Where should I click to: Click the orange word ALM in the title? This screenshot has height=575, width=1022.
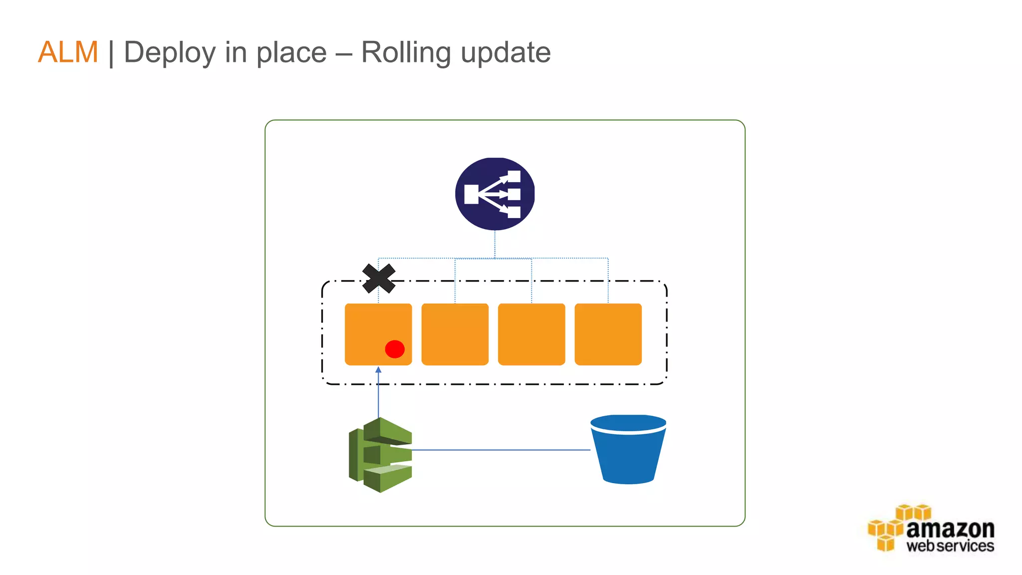pyautogui.click(x=68, y=52)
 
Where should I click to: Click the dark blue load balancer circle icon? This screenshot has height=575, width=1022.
pyautogui.click(x=495, y=194)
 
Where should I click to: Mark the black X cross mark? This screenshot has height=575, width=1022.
pyautogui.click(x=379, y=279)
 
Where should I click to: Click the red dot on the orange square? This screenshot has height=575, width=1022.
pyautogui.click(x=395, y=349)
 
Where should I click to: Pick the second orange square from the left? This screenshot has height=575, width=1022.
pyautogui.click(x=455, y=334)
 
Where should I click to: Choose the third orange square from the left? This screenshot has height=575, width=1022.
pyautogui.click(x=531, y=334)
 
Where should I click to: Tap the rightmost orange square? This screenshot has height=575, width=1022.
pyautogui.click(x=608, y=334)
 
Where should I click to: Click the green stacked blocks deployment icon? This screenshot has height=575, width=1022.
pyautogui.click(x=381, y=455)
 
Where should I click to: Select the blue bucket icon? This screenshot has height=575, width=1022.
pyautogui.click(x=628, y=449)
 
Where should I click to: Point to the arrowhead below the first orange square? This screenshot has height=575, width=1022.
pyautogui.click(x=378, y=370)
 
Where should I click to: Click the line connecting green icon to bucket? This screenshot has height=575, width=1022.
pyautogui.click(x=499, y=450)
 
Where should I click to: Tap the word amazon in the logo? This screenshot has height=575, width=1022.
pyautogui.click(x=950, y=529)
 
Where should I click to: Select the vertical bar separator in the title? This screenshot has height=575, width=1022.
pyautogui.click(x=111, y=53)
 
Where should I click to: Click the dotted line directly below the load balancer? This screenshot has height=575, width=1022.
pyautogui.click(x=495, y=244)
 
